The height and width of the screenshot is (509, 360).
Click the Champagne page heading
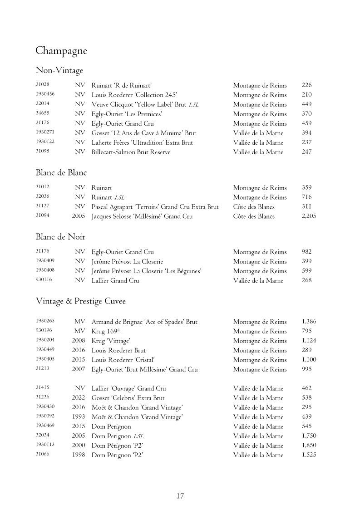point(61,51)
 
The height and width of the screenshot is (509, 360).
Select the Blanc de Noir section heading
point(60,236)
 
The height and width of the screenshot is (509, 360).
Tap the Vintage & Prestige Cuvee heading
point(80,301)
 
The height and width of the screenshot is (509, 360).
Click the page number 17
point(180,496)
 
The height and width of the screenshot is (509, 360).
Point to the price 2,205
point(309,216)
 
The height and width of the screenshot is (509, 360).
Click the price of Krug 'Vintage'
point(309,341)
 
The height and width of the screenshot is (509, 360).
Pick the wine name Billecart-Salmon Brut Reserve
point(131,152)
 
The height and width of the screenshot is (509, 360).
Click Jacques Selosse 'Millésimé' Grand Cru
point(142,216)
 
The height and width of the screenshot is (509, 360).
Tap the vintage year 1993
point(78,417)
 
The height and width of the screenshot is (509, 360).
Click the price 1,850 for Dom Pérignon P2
point(309,445)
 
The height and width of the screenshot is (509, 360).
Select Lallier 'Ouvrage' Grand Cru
point(129,388)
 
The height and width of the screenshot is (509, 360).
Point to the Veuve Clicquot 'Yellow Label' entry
point(145,104)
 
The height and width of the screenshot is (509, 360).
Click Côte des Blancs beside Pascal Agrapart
point(254,207)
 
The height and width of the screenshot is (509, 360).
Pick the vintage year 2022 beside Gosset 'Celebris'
point(78,398)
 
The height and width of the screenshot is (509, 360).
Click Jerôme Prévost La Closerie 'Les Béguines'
point(147,271)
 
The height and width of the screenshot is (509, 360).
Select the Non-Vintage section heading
point(59,70)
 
